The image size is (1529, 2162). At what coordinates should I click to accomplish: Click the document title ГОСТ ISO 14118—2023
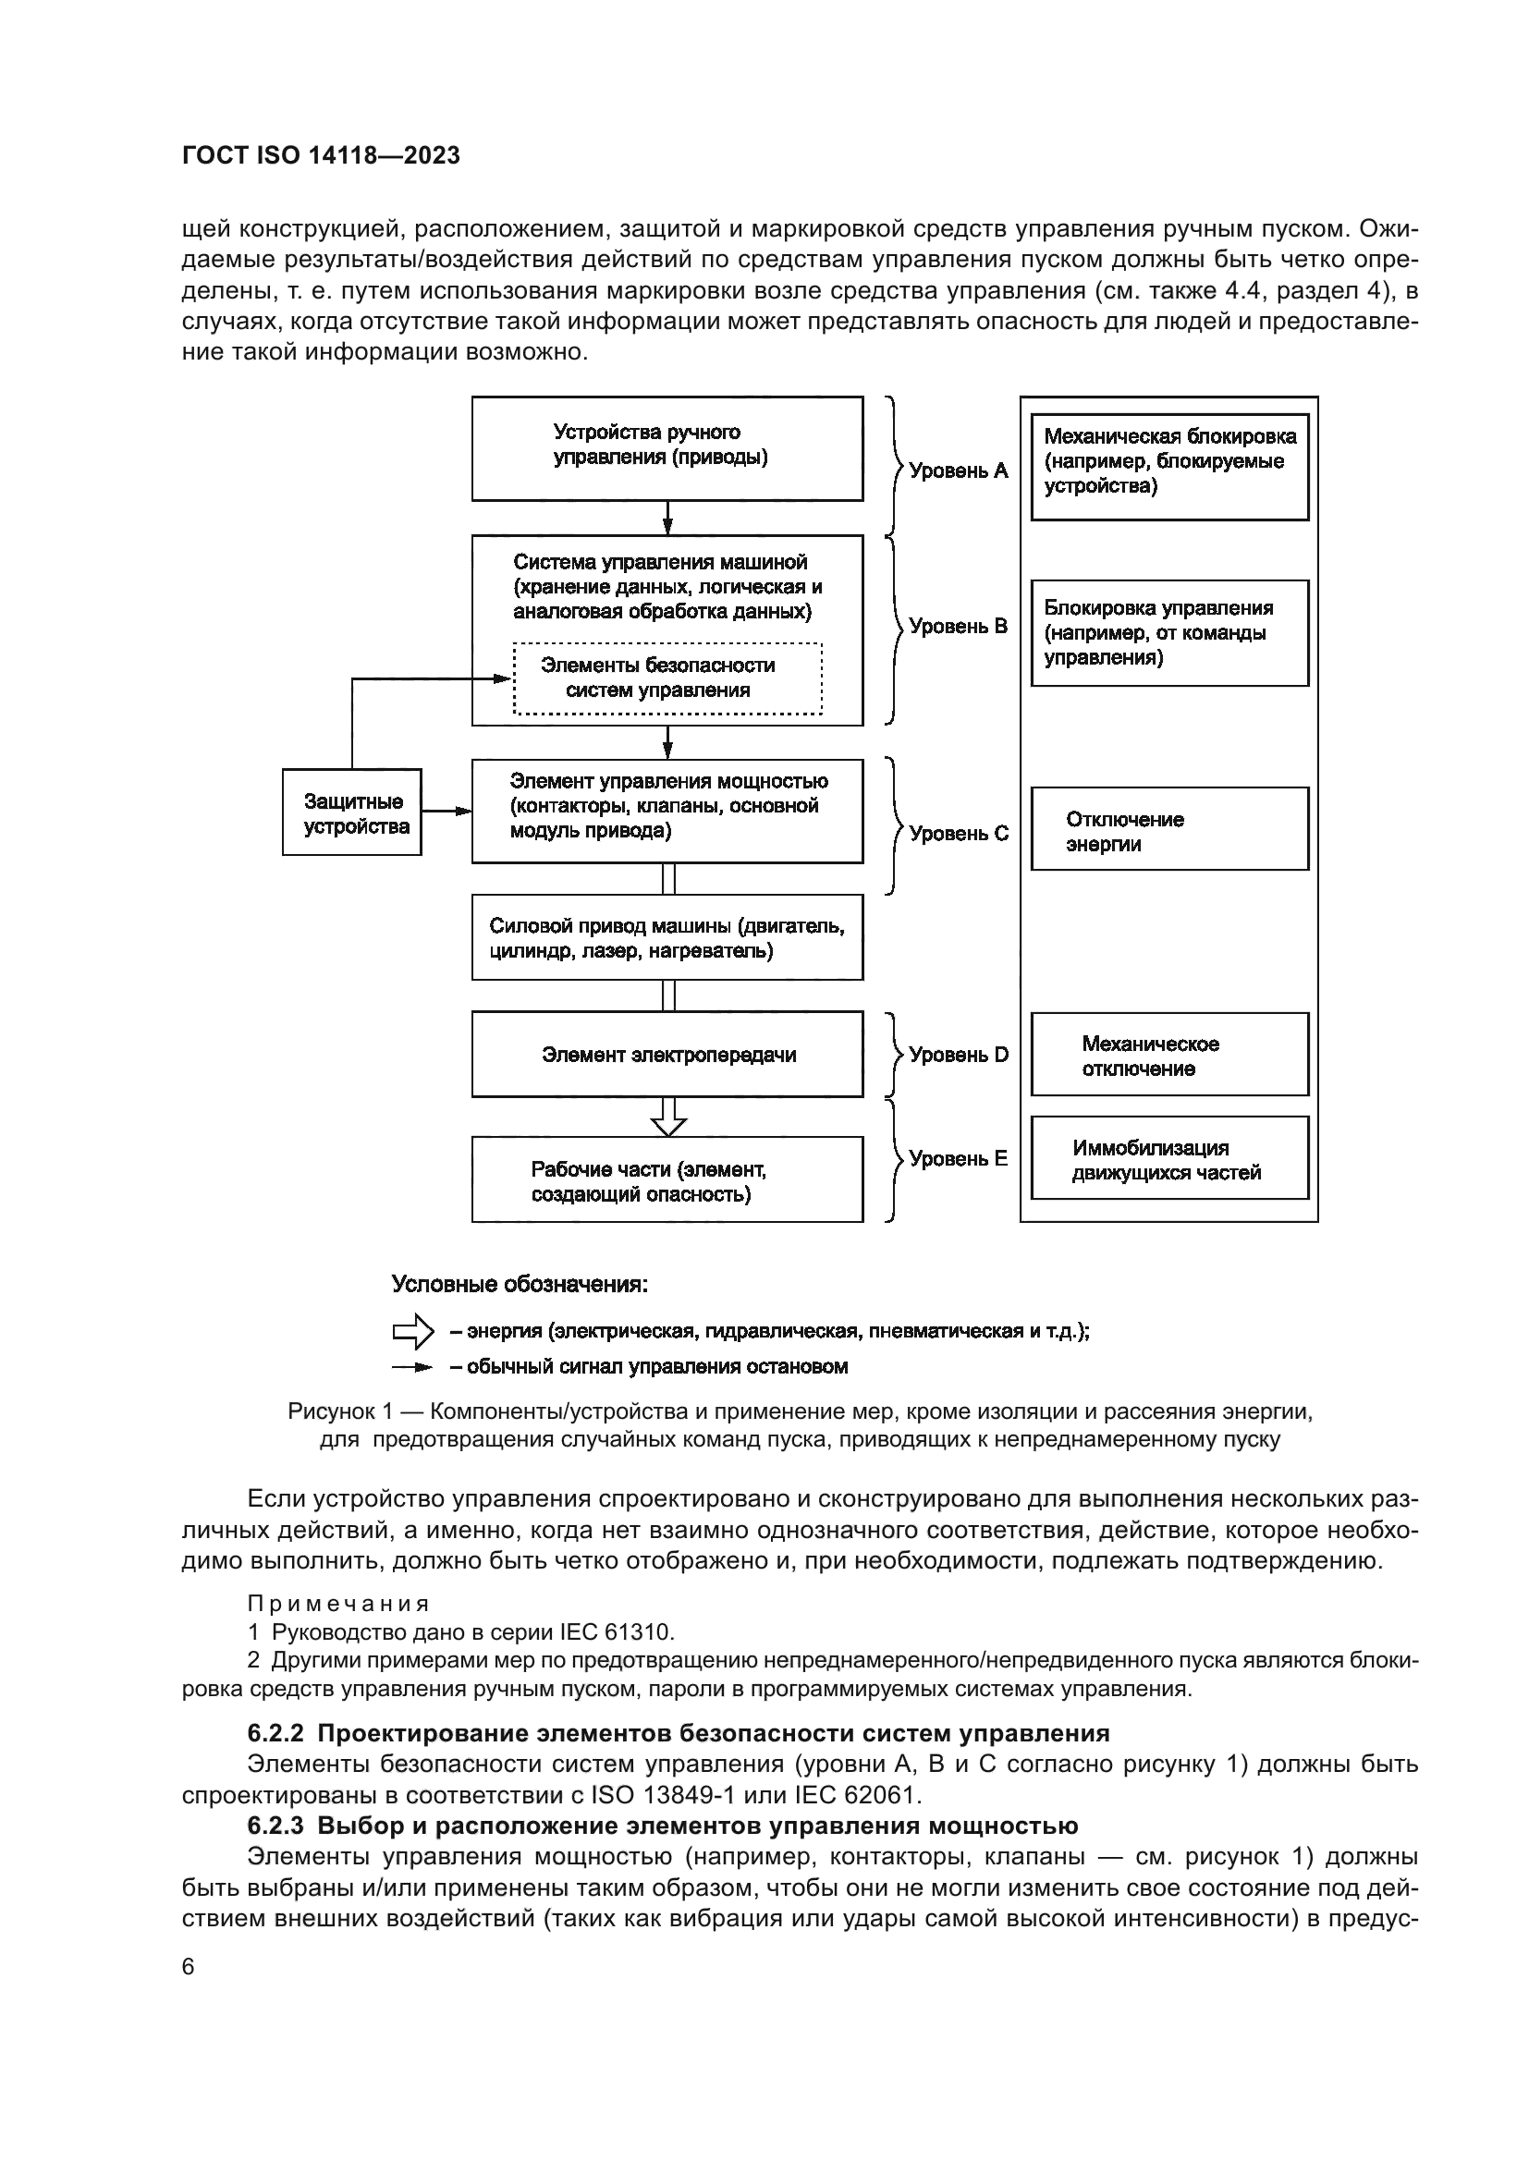(321, 155)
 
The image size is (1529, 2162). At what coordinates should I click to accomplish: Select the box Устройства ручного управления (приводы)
(667, 448)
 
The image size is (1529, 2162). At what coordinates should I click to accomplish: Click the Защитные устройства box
(352, 812)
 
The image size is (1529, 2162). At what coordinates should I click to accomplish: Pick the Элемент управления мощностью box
(667, 811)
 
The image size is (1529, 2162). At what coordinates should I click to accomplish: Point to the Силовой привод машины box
(667, 938)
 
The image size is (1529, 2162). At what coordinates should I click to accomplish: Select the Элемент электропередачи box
(667, 1055)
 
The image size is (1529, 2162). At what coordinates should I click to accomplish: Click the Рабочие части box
(667, 1179)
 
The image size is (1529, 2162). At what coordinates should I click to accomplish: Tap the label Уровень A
(958, 470)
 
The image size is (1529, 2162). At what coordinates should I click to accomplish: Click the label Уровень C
(958, 834)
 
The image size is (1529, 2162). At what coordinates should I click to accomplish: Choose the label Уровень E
(958, 1159)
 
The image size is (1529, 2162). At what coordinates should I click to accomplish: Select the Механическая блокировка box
(1169, 467)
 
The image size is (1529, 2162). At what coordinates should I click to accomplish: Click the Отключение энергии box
(1169, 829)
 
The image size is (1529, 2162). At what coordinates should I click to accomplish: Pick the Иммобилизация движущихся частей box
(1169, 1159)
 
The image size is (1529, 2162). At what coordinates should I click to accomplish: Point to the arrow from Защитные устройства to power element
(446, 811)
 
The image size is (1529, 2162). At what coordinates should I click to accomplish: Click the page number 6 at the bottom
(189, 1967)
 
